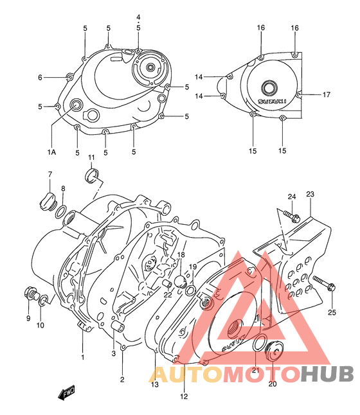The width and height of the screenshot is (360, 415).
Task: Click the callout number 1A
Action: click(x=51, y=152)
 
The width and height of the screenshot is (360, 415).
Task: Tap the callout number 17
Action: click(x=326, y=94)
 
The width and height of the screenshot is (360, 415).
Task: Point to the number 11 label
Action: click(x=91, y=157)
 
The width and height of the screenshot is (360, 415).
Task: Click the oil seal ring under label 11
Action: click(x=93, y=175)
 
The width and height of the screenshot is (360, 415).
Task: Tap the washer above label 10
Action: click(x=43, y=300)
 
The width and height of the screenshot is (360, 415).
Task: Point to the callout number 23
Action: click(x=310, y=194)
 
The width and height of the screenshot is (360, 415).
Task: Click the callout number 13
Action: click(x=154, y=384)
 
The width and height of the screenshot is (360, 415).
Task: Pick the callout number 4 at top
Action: click(x=138, y=16)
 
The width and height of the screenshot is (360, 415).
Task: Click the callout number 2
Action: click(x=122, y=380)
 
